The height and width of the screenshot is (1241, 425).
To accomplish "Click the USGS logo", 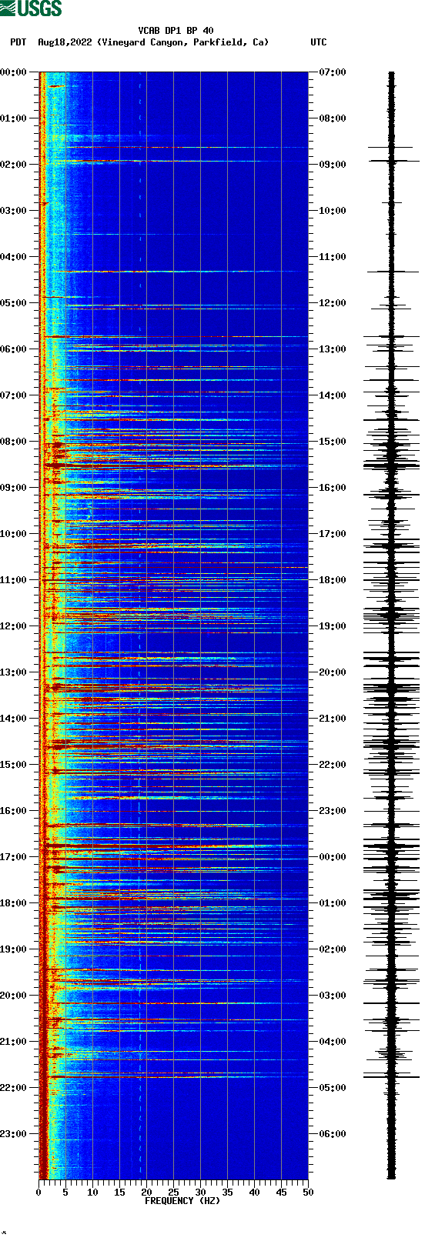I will coord(31,8).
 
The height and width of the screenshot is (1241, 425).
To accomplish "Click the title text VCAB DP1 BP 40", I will coord(176,31).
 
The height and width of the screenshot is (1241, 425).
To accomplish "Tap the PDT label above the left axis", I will coord(18,42).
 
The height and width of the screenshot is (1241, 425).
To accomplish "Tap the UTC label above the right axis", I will coord(318,42).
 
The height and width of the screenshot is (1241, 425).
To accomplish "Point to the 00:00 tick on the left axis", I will coord(14,72).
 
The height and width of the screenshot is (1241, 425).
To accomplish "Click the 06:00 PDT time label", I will coord(14,349).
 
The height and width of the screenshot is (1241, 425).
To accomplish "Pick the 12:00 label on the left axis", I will coord(14,626).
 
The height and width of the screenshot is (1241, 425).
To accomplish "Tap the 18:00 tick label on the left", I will coord(14,903).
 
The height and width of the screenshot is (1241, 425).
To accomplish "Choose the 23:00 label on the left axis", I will coord(14,1134).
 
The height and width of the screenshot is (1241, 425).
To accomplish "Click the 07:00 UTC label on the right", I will coord(333,72).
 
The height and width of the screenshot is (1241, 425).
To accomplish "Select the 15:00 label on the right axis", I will coord(333,442).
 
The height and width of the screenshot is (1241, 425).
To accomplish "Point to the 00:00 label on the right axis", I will coord(333,857).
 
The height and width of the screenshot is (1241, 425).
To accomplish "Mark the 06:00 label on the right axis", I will coord(333,1134).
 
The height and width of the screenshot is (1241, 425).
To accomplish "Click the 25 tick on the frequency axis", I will coord(173,1193).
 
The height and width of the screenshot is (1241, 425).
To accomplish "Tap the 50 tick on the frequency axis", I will coord(308,1193).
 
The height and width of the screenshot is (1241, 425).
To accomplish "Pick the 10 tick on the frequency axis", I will coord(92,1193).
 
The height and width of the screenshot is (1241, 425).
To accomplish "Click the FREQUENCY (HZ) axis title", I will coord(182,1201).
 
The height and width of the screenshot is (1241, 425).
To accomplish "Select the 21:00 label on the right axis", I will coord(333,719).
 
